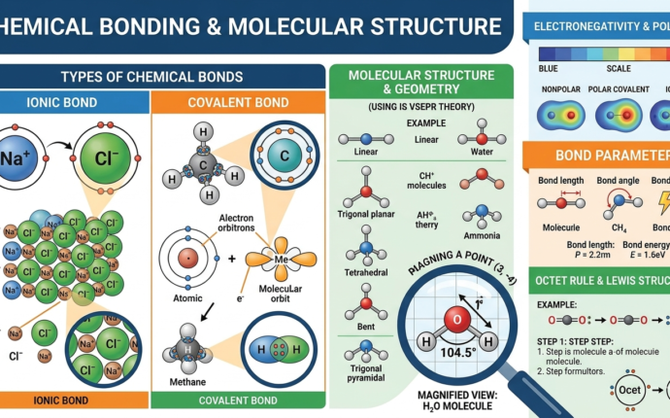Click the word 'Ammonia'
(x=482, y=235)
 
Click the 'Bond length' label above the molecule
(x=559, y=182)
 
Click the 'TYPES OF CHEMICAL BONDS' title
(x=151, y=77)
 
